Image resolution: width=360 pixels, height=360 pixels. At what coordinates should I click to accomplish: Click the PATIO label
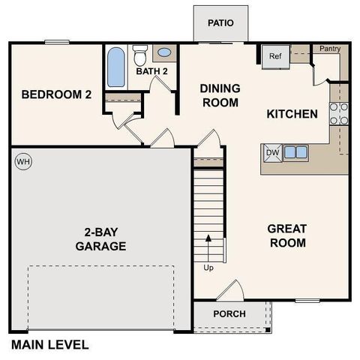tap(220, 22)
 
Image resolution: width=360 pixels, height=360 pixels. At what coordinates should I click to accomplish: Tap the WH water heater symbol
tap(22, 161)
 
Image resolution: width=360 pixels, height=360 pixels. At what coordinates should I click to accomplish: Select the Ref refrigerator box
tap(274, 56)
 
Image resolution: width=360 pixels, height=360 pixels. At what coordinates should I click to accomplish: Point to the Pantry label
tap(330, 49)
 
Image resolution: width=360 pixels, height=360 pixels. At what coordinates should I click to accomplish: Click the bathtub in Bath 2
tap(116, 69)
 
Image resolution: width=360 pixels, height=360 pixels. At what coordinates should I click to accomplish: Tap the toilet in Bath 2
tap(140, 55)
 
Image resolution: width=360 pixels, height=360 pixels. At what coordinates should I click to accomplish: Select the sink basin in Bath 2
tap(165, 54)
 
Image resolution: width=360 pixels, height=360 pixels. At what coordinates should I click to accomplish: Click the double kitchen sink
tap(295, 152)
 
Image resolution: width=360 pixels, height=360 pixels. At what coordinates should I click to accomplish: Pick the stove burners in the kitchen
tap(339, 112)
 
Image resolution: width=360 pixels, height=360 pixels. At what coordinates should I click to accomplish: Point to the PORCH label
tap(229, 313)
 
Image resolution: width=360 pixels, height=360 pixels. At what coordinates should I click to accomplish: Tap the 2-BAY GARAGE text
tap(100, 238)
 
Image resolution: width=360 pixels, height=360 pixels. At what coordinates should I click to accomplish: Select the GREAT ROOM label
tap(287, 235)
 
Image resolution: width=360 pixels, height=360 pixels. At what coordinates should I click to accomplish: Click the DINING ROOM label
tap(219, 94)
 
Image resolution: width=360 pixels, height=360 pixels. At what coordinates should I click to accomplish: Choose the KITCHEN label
tap(292, 114)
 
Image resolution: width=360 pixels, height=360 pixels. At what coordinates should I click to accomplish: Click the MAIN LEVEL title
tap(49, 346)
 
